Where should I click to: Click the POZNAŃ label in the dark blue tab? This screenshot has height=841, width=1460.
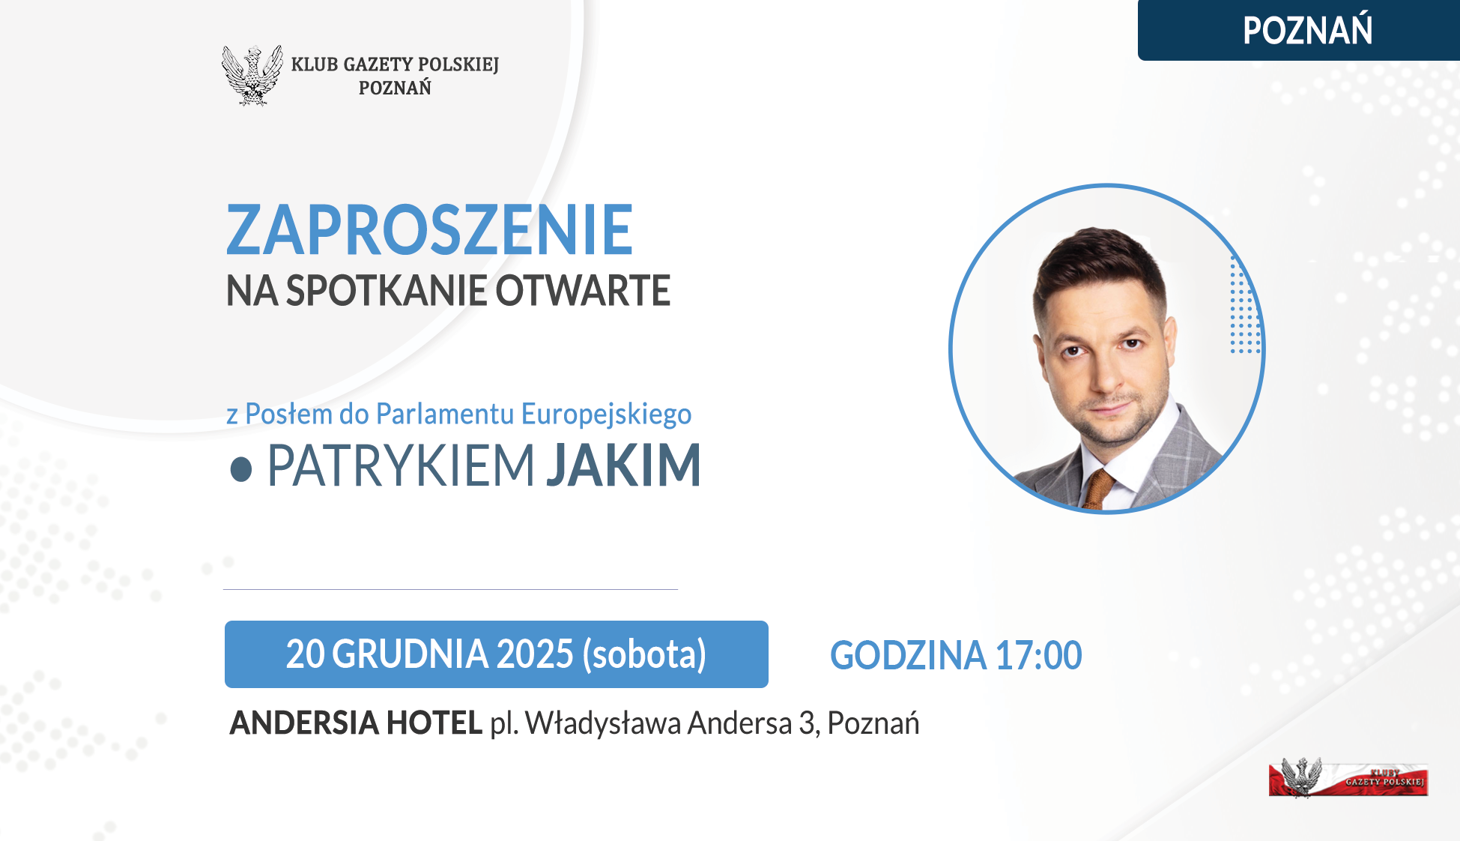(x=1307, y=30)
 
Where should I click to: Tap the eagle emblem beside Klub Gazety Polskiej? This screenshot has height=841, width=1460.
(x=252, y=75)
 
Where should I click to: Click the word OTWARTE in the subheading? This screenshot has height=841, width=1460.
(x=583, y=291)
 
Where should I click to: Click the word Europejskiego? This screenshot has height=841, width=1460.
(x=606, y=415)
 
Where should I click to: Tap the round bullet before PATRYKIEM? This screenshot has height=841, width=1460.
(x=240, y=469)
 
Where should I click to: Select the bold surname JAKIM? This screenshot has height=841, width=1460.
(x=623, y=465)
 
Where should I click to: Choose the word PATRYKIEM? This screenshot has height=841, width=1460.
(x=401, y=465)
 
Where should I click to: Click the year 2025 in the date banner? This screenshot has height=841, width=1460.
(x=535, y=654)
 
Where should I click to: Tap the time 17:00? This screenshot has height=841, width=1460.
(x=1038, y=655)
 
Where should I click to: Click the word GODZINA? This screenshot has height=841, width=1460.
(x=908, y=655)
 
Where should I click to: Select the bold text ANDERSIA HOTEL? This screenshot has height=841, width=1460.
(x=356, y=723)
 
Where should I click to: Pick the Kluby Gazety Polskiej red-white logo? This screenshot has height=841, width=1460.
(x=1348, y=778)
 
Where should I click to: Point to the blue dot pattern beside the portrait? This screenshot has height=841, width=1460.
(x=1246, y=305)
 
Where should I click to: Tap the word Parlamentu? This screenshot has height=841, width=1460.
(x=445, y=414)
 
